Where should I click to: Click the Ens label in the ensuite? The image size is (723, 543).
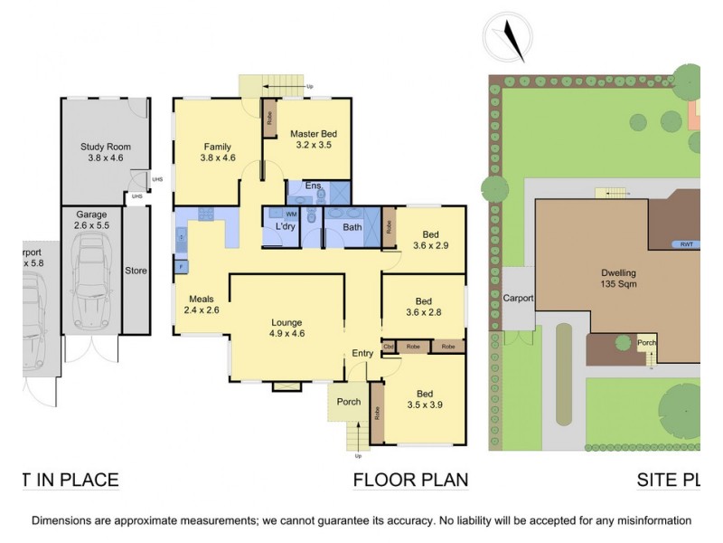tap(314, 186)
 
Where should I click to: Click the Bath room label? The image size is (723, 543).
tap(352, 227)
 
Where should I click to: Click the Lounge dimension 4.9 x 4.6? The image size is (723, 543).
tap(286, 334)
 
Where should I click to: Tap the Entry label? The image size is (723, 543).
tap(362, 354)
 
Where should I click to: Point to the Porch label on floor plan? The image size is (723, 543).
tap(348, 402)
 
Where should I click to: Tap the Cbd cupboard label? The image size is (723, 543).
tap(390, 347)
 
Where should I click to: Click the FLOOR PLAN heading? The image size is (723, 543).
tap(410, 480)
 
